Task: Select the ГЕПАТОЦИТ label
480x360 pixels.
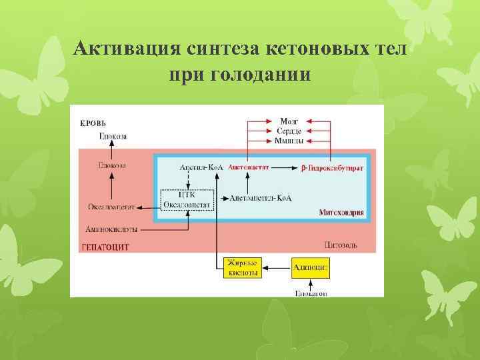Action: [105, 246]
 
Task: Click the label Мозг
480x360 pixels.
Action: [289, 122]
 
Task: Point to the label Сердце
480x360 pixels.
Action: [289, 131]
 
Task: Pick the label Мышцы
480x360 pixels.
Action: [289, 141]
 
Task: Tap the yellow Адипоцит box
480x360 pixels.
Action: [310, 268]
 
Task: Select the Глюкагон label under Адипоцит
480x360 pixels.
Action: [310, 293]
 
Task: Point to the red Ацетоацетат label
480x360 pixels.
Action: [248, 168]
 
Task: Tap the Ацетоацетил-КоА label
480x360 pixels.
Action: [261, 198]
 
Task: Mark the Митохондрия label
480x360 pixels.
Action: [341, 213]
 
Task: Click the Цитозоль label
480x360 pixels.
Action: [340, 245]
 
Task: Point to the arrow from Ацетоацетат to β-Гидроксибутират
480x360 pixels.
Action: [284, 169]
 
